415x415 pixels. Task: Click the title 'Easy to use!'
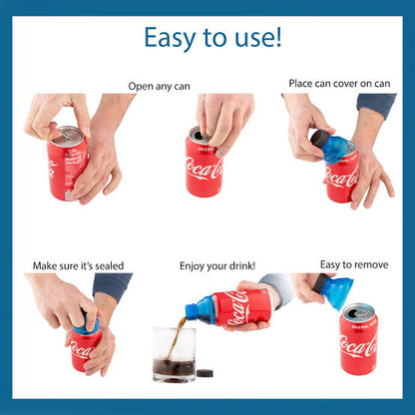click(x=212, y=37)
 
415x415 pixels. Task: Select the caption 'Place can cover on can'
click(x=339, y=83)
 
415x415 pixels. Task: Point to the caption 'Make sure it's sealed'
click(x=80, y=265)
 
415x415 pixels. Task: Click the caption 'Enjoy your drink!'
click(x=217, y=265)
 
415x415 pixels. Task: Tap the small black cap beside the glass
click(x=207, y=374)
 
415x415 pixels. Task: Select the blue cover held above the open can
click(x=336, y=291)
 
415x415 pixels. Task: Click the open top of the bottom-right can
click(x=358, y=312)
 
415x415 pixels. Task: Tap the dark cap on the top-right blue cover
click(x=319, y=141)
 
